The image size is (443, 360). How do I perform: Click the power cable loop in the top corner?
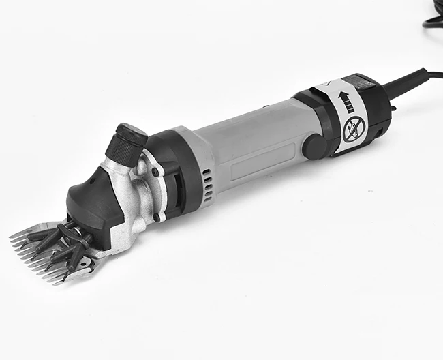pos(432,17)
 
